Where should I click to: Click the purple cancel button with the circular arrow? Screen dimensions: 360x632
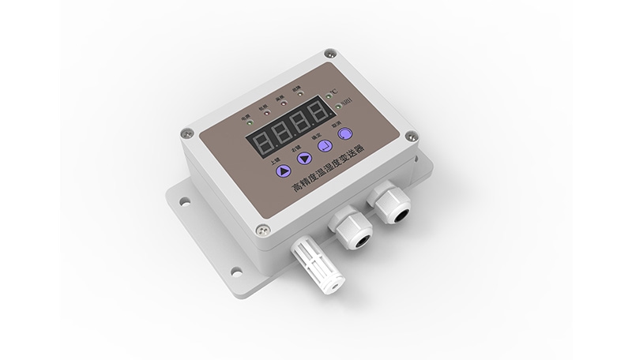344,134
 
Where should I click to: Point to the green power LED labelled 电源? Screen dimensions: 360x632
245,122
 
